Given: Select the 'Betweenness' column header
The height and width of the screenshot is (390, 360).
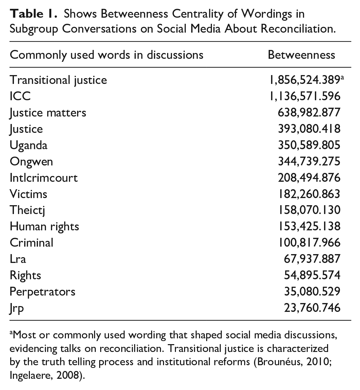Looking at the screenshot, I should click(x=301, y=55).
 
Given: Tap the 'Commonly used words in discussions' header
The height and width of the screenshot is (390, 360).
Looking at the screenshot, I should click(x=106, y=55).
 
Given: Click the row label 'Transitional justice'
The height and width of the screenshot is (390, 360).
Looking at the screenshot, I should click(x=58, y=80).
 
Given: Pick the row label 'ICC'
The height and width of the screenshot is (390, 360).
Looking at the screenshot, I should click(x=20, y=96).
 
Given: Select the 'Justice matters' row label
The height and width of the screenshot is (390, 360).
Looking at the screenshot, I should click(x=48, y=112).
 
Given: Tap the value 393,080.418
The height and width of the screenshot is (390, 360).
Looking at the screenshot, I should click(x=309, y=129).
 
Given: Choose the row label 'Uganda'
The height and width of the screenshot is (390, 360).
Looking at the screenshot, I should click(x=29, y=145).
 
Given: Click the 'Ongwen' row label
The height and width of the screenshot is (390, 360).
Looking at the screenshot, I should click(x=31, y=161).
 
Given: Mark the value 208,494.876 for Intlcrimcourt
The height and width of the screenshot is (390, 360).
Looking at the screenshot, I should click(x=309, y=178).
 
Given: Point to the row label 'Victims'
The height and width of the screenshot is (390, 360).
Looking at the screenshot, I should click(x=29, y=194).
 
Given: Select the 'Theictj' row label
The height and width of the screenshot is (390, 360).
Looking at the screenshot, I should click(x=28, y=210).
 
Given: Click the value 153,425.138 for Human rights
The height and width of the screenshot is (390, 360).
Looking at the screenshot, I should click(x=309, y=226).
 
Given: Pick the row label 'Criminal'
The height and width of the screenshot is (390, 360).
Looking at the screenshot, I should click(x=32, y=243).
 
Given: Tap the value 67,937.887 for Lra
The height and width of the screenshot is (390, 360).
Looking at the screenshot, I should click(x=312, y=259).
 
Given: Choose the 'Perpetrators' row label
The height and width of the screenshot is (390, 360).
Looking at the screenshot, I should click(x=42, y=291).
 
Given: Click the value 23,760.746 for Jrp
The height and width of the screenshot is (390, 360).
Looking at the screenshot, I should click(x=312, y=308).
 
